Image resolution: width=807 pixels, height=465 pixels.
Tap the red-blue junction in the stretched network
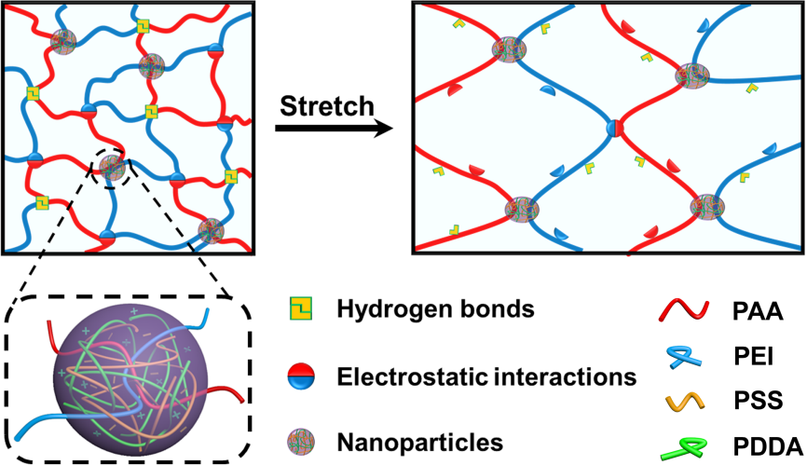[x=613, y=129]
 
